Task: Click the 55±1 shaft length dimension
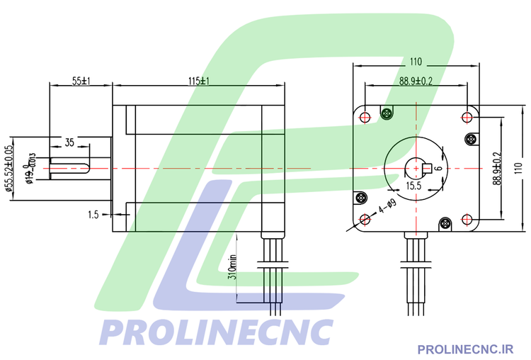79,81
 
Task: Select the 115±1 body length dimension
199,81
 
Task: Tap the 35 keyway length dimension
69,142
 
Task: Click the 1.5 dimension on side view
93,213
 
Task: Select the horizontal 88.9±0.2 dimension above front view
416,81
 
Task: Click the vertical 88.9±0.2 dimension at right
498,168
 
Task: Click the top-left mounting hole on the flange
365,116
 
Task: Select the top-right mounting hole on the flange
468,116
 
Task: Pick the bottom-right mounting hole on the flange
468,219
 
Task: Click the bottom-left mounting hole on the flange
365,219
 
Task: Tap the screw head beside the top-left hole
387,113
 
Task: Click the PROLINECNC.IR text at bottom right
465,348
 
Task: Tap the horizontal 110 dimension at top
416,62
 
